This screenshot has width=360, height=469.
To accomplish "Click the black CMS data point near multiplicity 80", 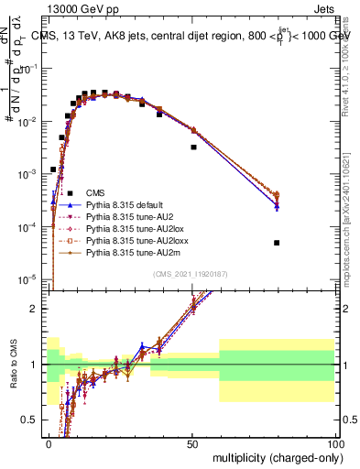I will point(277,243).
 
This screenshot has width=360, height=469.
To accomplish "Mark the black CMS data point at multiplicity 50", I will point(193,147).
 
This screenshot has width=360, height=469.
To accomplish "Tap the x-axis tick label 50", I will point(191,441).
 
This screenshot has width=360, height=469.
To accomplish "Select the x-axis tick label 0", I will point(49,441).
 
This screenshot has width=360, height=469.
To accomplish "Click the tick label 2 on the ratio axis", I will point(36,309).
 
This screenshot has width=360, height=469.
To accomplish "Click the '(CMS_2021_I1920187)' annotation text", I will point(191,273).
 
